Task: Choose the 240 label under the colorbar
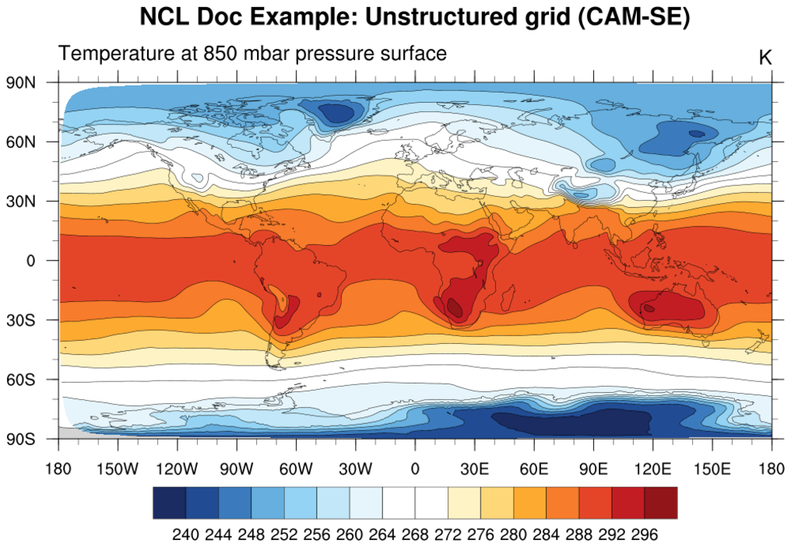tap(185, 535)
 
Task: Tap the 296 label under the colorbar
tap(645, 535)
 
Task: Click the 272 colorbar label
tap(448, 535)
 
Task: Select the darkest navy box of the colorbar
tap(169, 503)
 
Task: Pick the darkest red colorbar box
tap(660, 503)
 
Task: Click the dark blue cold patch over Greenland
tap(337, 114)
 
